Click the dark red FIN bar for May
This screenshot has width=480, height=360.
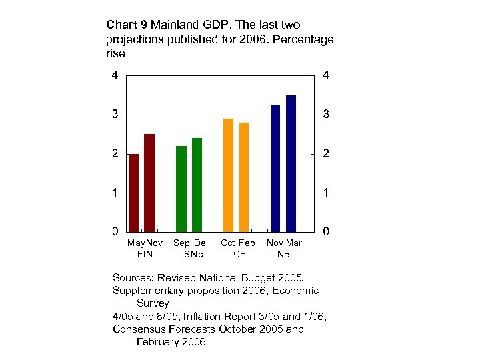pyautogui.click(x=133, y=193)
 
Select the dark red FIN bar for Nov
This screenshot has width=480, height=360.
pyautogui.click(x=149, y=183)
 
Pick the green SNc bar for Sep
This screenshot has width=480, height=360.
pyautogui.click(x=181, y=189)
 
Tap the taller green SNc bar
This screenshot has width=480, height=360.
pyautogui.click(x=197, y=185)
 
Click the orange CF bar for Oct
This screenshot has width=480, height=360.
pyautogui.click(x=228, y=175)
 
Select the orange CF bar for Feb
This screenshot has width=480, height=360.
pyautogui.click(x=244, y=177)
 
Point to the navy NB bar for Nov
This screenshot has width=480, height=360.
pyautogui.click(x=275, y=168)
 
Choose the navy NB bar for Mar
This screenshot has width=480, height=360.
pyautogui.click(x=291, y=163)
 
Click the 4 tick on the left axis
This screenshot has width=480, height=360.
pyautogui.click(x=115, y=75)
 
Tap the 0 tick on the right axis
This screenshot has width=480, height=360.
pyautogui.click(x=326, y=232)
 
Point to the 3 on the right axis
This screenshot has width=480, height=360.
pyautogui.click(x=326, y=115)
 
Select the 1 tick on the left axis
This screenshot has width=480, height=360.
pyautogui.click(x=115, y=193)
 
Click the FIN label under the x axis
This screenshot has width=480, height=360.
pyautogui.click(x=145, y=254)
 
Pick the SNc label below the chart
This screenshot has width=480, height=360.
pyautogui.click(x=189, y=254)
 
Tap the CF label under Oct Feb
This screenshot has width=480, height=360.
pyautogui.click(x=238, y=254)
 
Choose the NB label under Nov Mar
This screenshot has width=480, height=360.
pyautogui.click(x=284, y=254)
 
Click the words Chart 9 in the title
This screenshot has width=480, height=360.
pyautogui.click(x=127, y=25)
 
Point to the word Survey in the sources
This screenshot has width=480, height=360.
pyautogui.click(x=153, y=303)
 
